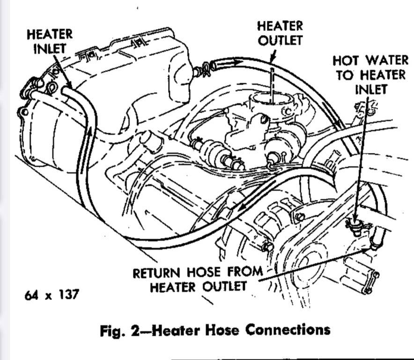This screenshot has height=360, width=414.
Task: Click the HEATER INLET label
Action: pyautogui.click(x=50, y=41)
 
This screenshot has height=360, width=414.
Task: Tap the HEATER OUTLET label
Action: pyautogui.click(x=280, y=33)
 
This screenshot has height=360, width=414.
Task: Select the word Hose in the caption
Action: pyautogui.click(x=221, y=330)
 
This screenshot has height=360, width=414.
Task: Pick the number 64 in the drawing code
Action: pyautogui.click(x=32, y=295)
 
